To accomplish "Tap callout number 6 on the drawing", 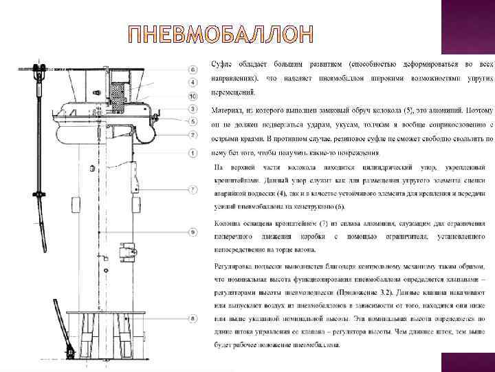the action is [193, 70].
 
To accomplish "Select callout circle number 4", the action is [193, 83].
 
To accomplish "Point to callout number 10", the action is [193, 96].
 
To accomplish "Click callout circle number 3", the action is [193, 109].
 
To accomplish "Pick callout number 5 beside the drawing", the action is [193, 122].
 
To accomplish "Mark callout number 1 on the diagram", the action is [193, 152].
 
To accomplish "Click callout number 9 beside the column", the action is [193, 231].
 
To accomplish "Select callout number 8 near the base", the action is [193, 318].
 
